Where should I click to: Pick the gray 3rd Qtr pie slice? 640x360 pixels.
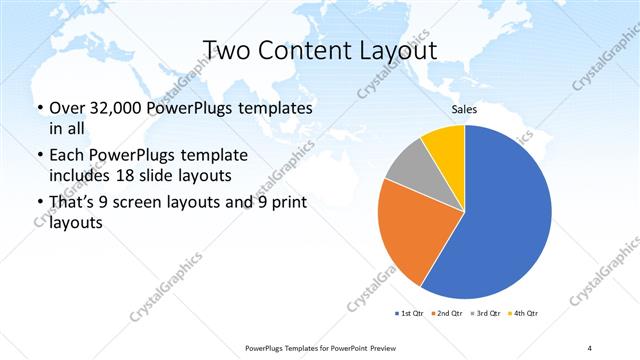410,164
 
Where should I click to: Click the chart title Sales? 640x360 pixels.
465,109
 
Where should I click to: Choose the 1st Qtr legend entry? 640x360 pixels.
411,314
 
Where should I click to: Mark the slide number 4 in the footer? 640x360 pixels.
590,347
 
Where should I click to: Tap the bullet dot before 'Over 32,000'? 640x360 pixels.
39,108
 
